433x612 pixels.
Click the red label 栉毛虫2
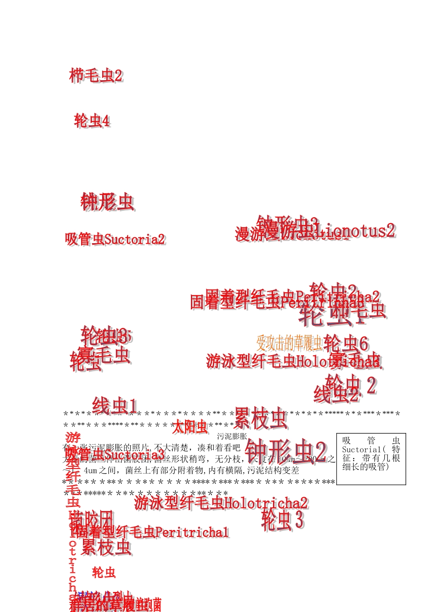96,76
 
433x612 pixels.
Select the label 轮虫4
92,121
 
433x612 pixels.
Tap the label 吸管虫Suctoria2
115,239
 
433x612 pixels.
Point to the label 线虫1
114,406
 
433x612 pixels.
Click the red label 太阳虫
190,428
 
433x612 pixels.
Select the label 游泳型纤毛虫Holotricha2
221,503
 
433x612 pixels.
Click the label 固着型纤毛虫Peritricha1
153,532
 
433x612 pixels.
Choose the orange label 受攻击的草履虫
290,342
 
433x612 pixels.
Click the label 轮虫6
346,343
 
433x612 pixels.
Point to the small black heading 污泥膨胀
232,436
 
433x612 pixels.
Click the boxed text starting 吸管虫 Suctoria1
371,453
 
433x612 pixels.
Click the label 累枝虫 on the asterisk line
261,418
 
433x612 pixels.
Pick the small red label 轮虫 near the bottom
103,572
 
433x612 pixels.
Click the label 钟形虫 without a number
108,202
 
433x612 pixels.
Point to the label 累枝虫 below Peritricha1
106,547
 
